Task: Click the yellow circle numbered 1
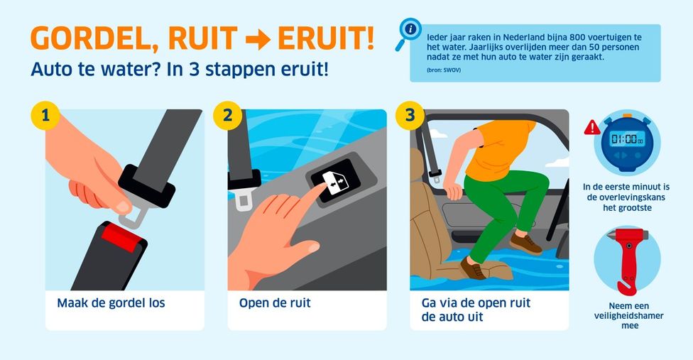tap(45, 115)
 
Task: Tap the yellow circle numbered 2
tap(228, 115)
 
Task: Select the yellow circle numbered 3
tap(410, 115)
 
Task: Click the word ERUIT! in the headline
tap(326, 39)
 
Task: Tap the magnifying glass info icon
tap(408, 33)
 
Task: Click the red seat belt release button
tap(122, 237)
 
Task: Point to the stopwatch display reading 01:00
tap(627, 139)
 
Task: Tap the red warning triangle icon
tap(591, 127)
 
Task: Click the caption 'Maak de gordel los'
tap(111, 303)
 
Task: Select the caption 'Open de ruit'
tap(275, 303)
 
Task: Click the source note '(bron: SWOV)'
tap(444, 70)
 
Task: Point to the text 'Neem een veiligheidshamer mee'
tap(629, 316)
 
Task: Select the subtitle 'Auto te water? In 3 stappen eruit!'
tap(180, 70)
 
